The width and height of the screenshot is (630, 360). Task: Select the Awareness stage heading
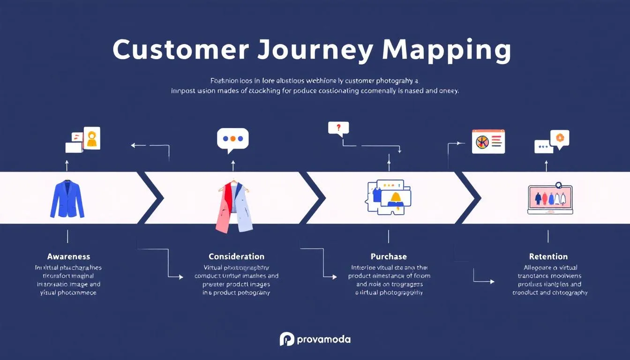tap(68, 256)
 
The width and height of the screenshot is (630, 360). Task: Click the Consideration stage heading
tap(236, 256)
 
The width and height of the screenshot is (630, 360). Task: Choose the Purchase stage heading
tap(389, 256)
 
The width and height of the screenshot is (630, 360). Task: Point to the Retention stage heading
tap(548, 256)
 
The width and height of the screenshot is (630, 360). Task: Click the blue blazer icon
tap(67, 199)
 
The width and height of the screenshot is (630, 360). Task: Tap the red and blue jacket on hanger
tap(234, 206)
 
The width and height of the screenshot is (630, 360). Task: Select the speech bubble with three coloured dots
tap(233, 139)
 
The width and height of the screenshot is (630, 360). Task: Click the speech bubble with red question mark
tap(338, 128)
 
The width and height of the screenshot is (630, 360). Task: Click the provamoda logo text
tap(323, 339)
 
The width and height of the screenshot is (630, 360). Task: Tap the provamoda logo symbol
tap(286, 339)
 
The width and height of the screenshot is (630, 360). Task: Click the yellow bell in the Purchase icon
tap(395, 199)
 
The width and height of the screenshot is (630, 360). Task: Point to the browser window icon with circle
tap(488, 141)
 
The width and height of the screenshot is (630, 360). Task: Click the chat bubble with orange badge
tap(559, 139)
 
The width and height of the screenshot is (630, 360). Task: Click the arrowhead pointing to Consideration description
tap(181, 277)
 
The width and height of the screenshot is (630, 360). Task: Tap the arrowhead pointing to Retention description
tap(492, 282)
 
